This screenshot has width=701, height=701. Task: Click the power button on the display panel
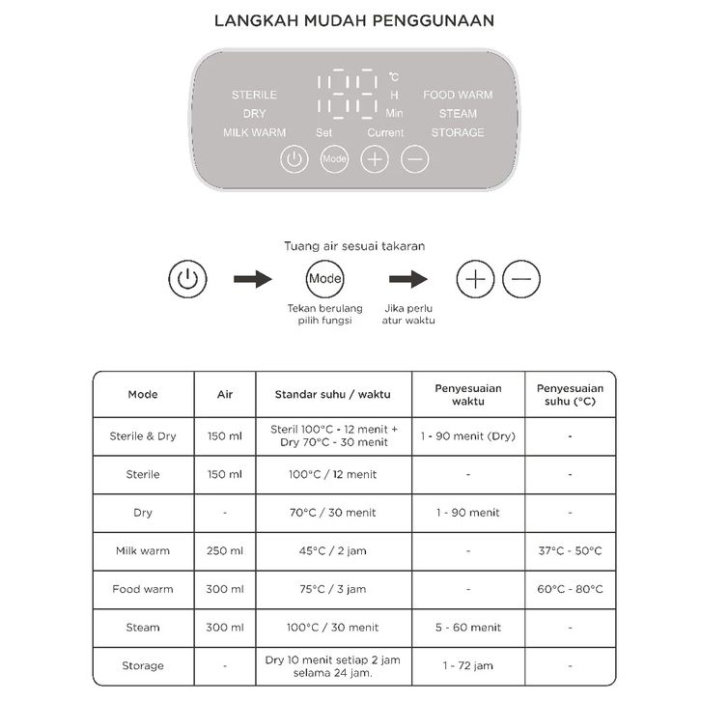(x=294, y=159)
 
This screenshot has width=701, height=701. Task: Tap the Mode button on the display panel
(x=334, y=159)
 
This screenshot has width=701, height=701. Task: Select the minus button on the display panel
(x=414, y=159)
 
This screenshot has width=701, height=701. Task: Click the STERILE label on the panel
(x=254, y=95)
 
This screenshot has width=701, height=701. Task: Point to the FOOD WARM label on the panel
(x=458, y=95)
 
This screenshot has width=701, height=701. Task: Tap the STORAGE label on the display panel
(x=458, y=132)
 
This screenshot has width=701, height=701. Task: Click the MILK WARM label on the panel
(x=254, y=132)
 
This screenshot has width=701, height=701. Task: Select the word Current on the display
(x=385, y=132)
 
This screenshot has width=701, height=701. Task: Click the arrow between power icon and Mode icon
(x=253, y=280)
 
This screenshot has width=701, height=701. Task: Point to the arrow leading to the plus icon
(x=407, y=280)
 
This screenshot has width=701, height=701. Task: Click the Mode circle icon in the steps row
(x=324, y=279)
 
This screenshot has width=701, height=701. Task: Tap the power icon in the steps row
(x=187, y=280)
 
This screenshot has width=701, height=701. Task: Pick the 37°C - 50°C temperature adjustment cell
(x=570, y=550)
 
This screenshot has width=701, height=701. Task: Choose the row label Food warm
(x=143, y=589)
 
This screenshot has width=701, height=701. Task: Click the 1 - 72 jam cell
(x=468, y=665)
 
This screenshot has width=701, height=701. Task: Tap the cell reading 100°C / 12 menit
(x=333, y=474)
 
